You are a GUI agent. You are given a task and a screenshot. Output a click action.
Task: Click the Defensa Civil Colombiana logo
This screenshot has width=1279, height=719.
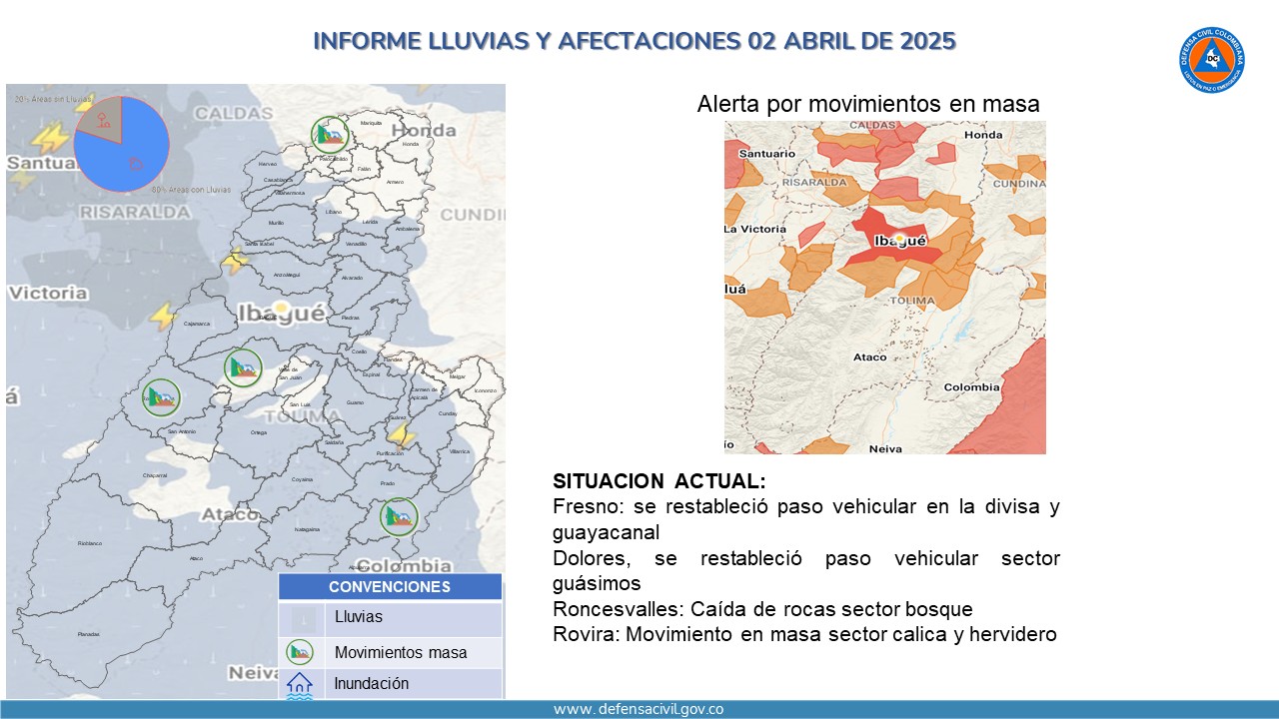coord(1211,60)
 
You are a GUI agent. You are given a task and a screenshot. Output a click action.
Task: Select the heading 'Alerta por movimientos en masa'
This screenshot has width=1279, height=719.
coord(868,104)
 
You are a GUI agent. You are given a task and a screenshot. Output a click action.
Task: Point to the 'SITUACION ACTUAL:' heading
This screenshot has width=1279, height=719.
coord(659,481)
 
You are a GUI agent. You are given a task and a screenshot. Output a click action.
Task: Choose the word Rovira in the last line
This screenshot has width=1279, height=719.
coord(582,634)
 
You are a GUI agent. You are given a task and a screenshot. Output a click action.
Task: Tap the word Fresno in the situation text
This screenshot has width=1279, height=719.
coord(584,506)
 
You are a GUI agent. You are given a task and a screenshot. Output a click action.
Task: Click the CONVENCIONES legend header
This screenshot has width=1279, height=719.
coord(390,587)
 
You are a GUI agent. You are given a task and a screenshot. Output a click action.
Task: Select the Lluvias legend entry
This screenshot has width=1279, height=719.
coord(358,617)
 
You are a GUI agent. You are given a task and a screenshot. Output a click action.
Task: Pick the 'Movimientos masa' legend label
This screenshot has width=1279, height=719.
coord(401,653)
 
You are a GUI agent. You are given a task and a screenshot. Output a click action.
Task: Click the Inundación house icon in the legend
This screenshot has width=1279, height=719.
coord(300,684)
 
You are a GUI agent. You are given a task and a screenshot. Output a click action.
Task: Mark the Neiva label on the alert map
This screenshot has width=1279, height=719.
coord(885,448)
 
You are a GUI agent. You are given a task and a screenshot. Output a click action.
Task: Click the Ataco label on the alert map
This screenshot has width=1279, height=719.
coord(869,357)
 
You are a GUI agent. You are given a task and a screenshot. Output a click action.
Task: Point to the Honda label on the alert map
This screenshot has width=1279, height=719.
coord(983,135)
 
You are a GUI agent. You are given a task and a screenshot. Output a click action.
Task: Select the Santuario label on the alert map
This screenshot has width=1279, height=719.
coord(766,154)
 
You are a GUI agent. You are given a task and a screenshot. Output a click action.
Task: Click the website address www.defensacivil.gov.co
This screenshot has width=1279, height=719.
coord(639,709)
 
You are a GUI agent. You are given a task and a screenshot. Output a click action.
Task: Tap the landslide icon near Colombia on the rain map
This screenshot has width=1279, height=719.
coord(400,517)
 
